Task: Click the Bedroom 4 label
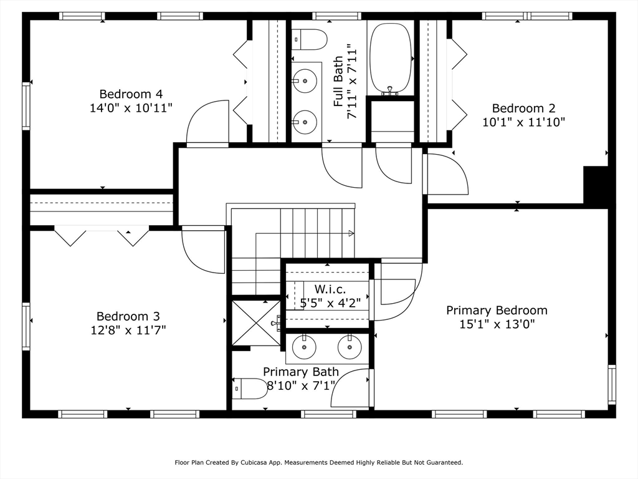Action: pyautogui.click(x=131, y=94)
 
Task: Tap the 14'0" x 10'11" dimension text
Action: pyautogui.click(x=131, y=108)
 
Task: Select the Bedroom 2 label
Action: pyautogui.click(x=523, y=109)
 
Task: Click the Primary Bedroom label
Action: pyautogui.click(x=497, y=310)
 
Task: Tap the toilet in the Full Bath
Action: pyautogui.click(x=309, y=39)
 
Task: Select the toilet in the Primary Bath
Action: pyautogui.click(x=250, y=389)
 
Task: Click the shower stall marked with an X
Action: pyautogui.click(x=256, y=322)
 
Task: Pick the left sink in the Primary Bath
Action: pyautogui.click(x=305, y=347)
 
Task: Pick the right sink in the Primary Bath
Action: pyautogui.click(x=350, y=347)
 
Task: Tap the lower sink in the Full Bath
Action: pyautogui.click(x=305, y=121)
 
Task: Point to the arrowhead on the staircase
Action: pyautogui.click(x=351, y=233)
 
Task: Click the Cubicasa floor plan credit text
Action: pyautogui.click(x=318, y=462)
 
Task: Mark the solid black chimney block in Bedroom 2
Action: pyautogui.click(x=595, y=185)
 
